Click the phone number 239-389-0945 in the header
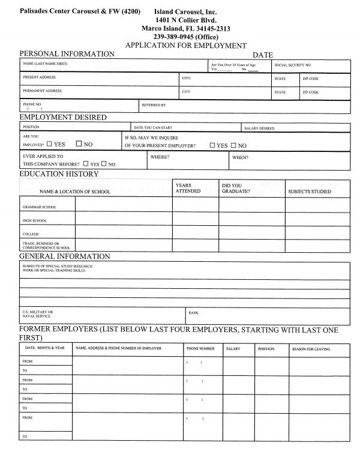pos(185,37)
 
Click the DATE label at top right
pos(263,55)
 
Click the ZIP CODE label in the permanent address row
pos(310,92)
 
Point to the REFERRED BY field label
pos(154,105)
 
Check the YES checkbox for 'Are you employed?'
pos(50,145)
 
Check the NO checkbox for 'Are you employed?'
pos(79,145)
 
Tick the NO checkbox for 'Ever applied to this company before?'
pos(104,164)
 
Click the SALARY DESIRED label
pos(259,128)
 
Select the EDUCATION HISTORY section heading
pos(59,174)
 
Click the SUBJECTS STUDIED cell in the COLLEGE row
pos(317,233)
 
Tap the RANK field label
pos(194,313)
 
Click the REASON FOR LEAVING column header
pos(311,349)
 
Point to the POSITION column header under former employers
pos(266,349)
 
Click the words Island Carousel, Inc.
pos(185,11)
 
